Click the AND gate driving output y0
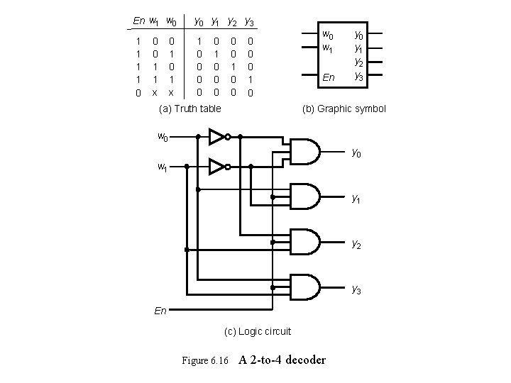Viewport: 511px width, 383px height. pos(303,151)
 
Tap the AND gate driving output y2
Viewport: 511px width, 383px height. pos(303,241)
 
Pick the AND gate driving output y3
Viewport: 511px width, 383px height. pos(303,287)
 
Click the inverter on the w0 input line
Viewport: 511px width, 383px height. pos(217,135)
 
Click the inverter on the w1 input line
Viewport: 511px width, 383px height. pos(218,167)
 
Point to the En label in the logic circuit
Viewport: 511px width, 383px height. pos(161,310)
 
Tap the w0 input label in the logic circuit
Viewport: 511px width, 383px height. pos(163,136)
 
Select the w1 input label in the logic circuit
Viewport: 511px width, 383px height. pos(163,167)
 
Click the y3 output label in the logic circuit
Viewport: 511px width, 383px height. pos(356,289)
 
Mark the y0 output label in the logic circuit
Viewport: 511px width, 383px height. pos(356,152)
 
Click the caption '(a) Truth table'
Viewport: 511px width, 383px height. pos(189,109)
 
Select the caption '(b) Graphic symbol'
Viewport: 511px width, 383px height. pos(344,109)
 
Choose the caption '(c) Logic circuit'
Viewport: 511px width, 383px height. pos(257,331)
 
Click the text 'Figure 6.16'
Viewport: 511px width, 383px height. pos(205,360)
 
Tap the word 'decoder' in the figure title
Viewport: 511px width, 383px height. pos(302,360)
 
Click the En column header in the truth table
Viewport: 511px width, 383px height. pos(139,21)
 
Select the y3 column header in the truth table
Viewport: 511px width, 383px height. pos(250,21)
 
